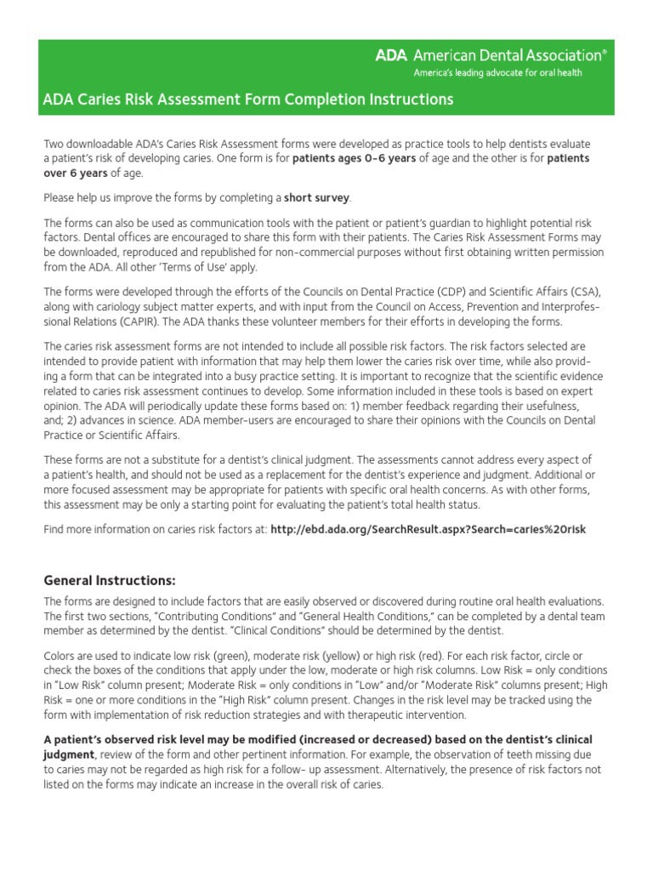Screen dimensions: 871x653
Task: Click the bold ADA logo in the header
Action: click(392, 56)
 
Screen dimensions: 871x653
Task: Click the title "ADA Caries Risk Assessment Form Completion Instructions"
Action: click(248, 100)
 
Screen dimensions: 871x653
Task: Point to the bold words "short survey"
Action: click(316, 198)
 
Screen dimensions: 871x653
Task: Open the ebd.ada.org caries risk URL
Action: click(428, 529)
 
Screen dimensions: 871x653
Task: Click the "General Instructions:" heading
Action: click(110, 581)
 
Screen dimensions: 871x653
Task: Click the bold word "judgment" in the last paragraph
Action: click(69, 754)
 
